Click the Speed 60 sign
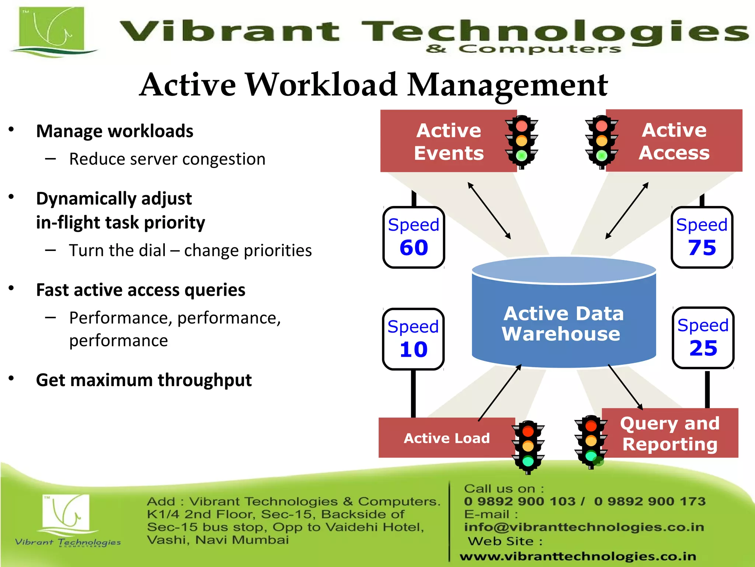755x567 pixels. (x=414, y=237)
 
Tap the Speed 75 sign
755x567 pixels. (x=702, y=237)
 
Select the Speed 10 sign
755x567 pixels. (x=413, y=339)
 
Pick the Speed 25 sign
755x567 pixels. (x=703, y=338)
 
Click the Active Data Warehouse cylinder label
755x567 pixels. (x=563, y=324)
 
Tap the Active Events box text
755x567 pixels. (x=449, y=142)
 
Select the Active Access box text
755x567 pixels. (x=674, y=141)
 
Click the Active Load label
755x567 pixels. (x=446, y=438)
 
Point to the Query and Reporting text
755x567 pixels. (x=669, y=434)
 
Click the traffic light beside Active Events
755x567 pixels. (x=521, y=142)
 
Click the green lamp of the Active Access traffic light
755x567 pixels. (x=602, y=155)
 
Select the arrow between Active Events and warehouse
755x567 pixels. (x=489, y=210)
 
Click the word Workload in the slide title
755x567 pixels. (x=321, y=85)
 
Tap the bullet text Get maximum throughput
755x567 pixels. (x=144, y=380)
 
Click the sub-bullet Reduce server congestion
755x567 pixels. (x=167, y=159)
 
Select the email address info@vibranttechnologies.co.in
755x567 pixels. (x=584, y=527)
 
